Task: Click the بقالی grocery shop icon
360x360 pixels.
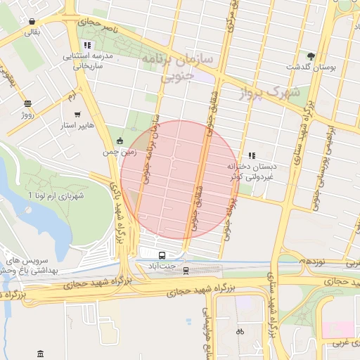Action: [33, 20]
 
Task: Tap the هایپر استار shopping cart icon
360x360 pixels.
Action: [77, 114]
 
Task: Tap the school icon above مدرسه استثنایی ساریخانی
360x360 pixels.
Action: [87, 45]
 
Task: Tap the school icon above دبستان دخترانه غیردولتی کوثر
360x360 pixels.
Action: [252, 155]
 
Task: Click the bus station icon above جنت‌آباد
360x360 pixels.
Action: [162, 255]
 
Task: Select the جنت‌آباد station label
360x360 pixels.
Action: [162, 266]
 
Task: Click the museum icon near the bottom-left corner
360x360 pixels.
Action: [40, 352]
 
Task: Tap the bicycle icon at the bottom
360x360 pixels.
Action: [240, 331]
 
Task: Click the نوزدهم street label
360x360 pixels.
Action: [311, 261]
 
